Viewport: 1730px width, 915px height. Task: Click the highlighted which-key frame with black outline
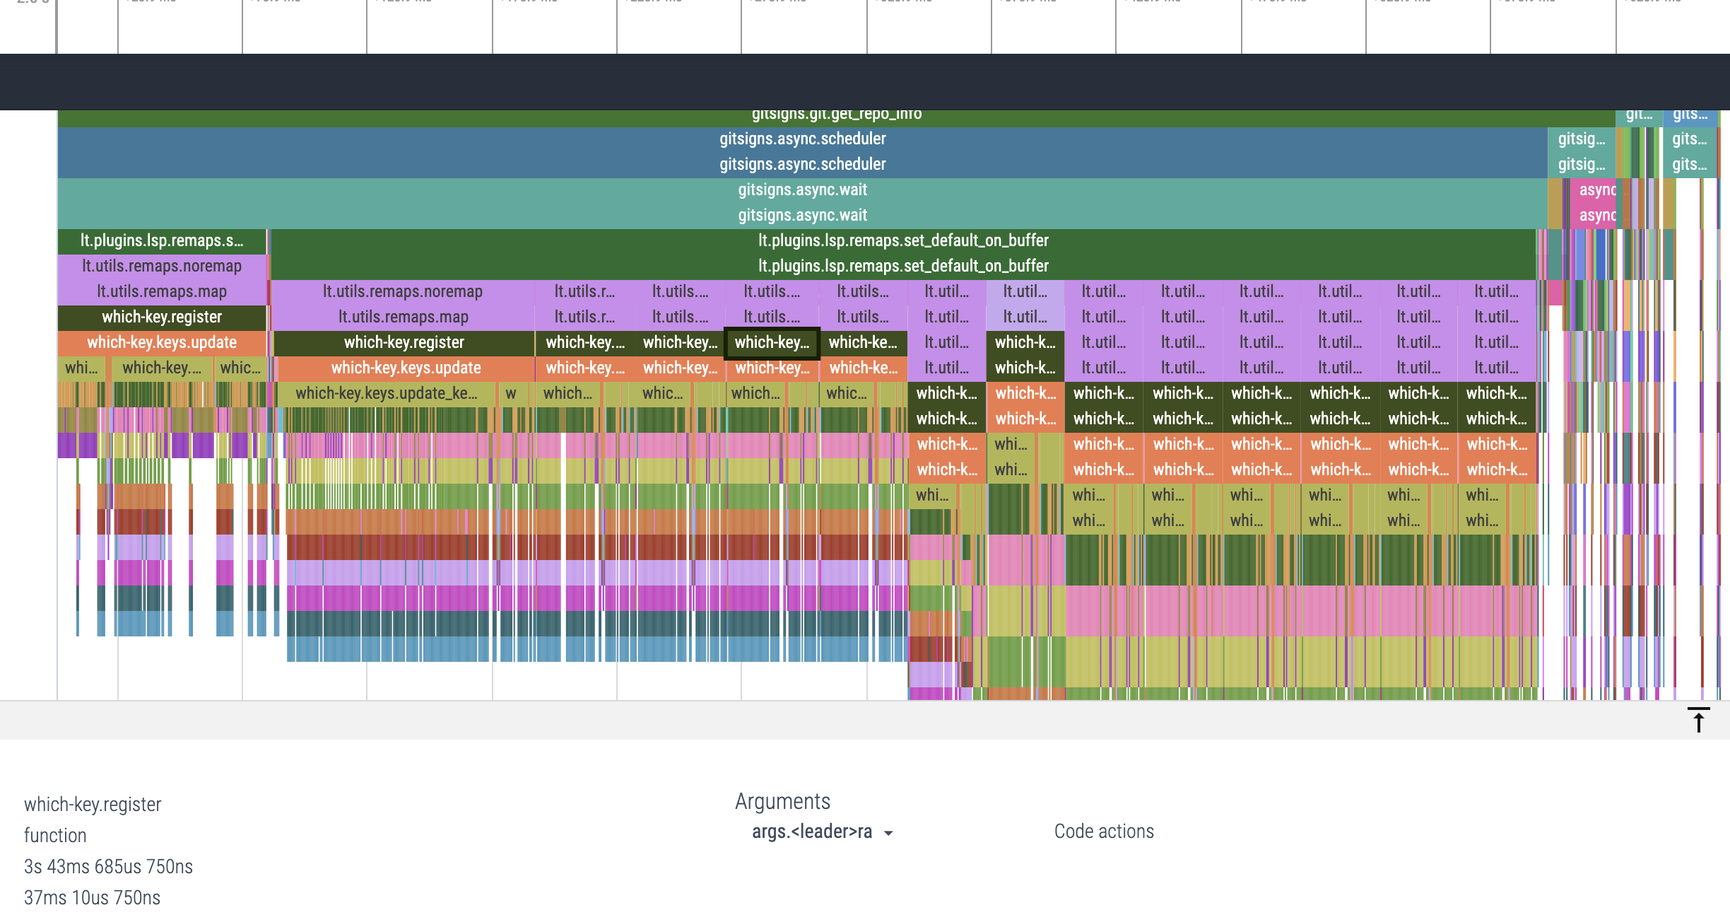(772, 343)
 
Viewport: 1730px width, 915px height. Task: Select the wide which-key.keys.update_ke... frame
(386, 393)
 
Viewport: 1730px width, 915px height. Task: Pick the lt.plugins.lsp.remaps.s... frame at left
(161, 240)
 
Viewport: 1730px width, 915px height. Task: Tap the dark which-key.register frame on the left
(161, 317)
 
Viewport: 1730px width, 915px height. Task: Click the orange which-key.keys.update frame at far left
(161, 342)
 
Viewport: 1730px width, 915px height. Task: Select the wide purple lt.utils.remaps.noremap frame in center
(402, 291)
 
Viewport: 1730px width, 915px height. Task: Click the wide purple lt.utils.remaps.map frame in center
(402, 317)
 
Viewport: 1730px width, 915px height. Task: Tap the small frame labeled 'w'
(510, 393)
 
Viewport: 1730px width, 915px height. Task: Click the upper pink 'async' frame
(1596, 190)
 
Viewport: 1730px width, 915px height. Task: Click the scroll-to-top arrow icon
(1698, 720)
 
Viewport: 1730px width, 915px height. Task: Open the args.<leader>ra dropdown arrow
(888, 833)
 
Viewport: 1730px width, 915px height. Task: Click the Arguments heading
(782, 801)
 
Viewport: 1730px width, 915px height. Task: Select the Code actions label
(1104, 832)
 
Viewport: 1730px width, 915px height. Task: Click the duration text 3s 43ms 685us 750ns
(108, 866)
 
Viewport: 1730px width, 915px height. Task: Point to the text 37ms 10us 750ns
(92, 897)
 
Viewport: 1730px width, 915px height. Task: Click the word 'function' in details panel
(55, 835)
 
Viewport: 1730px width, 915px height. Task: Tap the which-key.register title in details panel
(93, 804)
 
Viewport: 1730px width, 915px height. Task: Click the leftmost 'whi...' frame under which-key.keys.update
(81, 368)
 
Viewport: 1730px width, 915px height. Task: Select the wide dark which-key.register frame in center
(404, 342)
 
